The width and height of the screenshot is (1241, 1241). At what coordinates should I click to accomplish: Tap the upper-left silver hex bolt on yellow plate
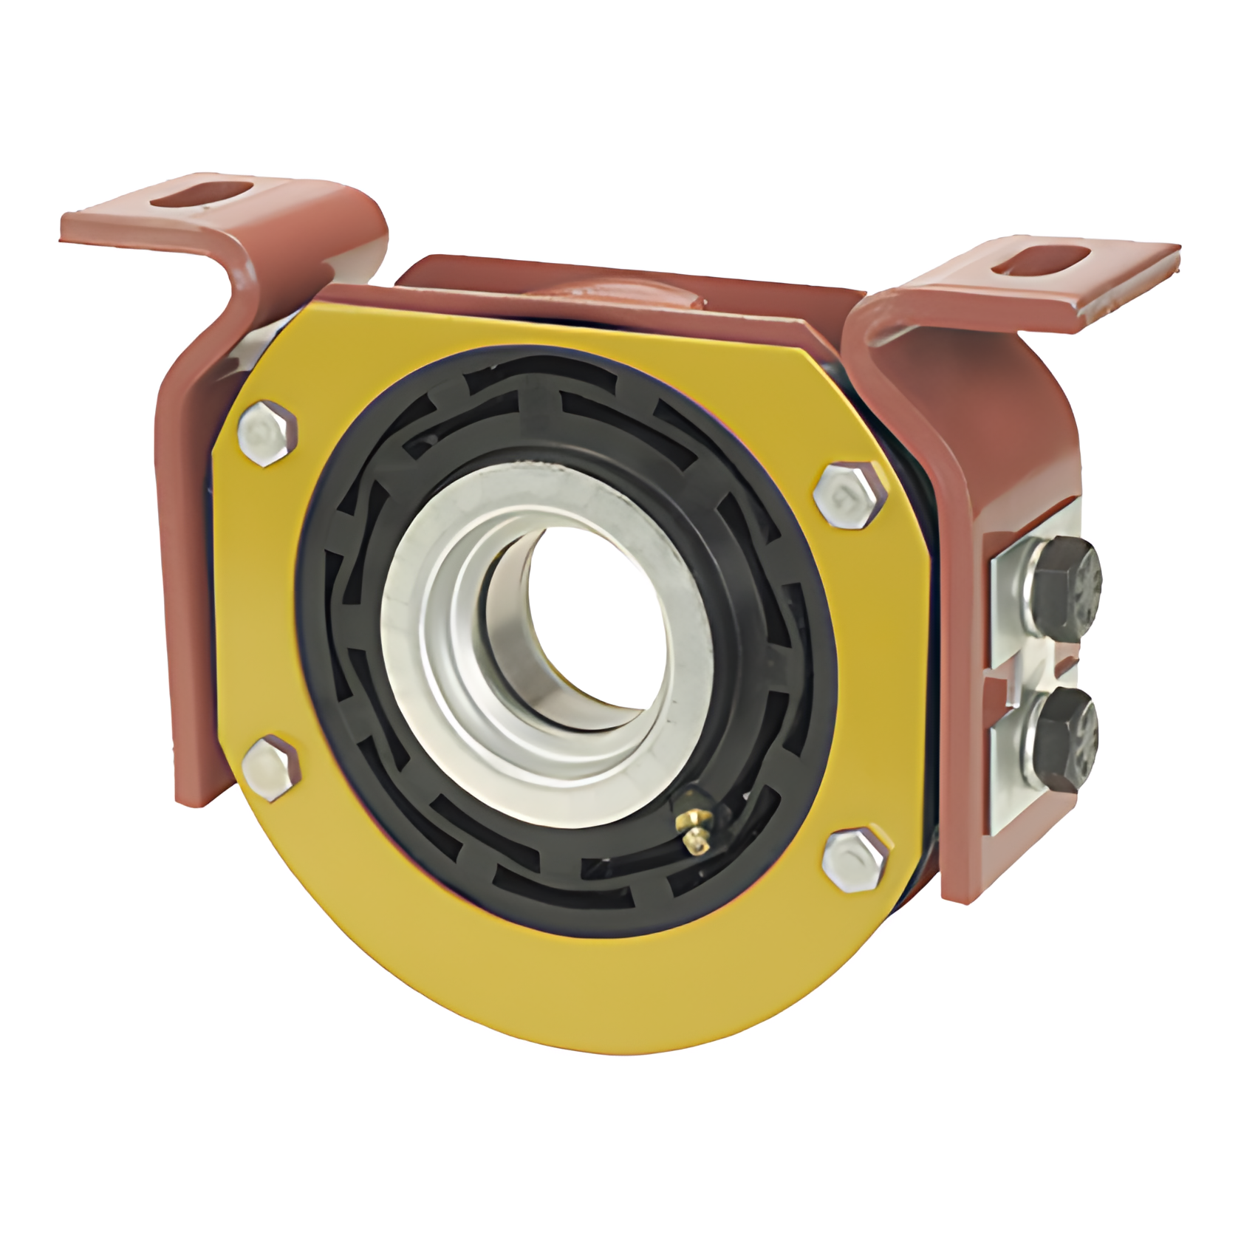coord(270,434)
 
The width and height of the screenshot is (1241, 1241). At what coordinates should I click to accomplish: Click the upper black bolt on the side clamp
coord(1064,589)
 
